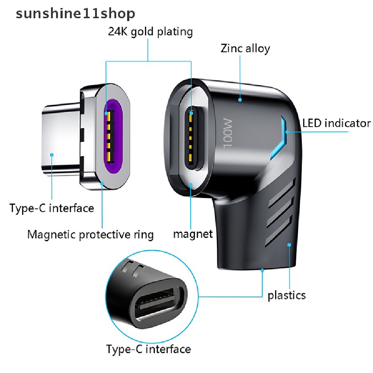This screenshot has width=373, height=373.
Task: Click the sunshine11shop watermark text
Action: coord(75,14)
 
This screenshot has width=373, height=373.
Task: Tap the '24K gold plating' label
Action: coord(150,32)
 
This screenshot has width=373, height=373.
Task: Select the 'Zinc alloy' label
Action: coord(245,48)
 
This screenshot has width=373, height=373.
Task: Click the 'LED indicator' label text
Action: coord(336,123)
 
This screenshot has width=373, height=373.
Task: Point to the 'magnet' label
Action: coord(193,233)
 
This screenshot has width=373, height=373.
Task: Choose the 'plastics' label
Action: coord(287,295)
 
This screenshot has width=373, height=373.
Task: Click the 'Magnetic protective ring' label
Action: coord(90,234)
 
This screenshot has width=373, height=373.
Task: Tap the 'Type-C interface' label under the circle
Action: coord(149,349)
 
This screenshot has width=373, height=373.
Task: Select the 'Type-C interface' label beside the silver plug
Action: coord(52,208)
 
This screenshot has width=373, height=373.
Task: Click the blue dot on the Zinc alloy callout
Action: coord(240,99)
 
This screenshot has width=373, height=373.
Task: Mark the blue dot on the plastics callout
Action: coord(289,245)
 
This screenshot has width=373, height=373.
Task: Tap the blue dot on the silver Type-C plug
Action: coord(52,154)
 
